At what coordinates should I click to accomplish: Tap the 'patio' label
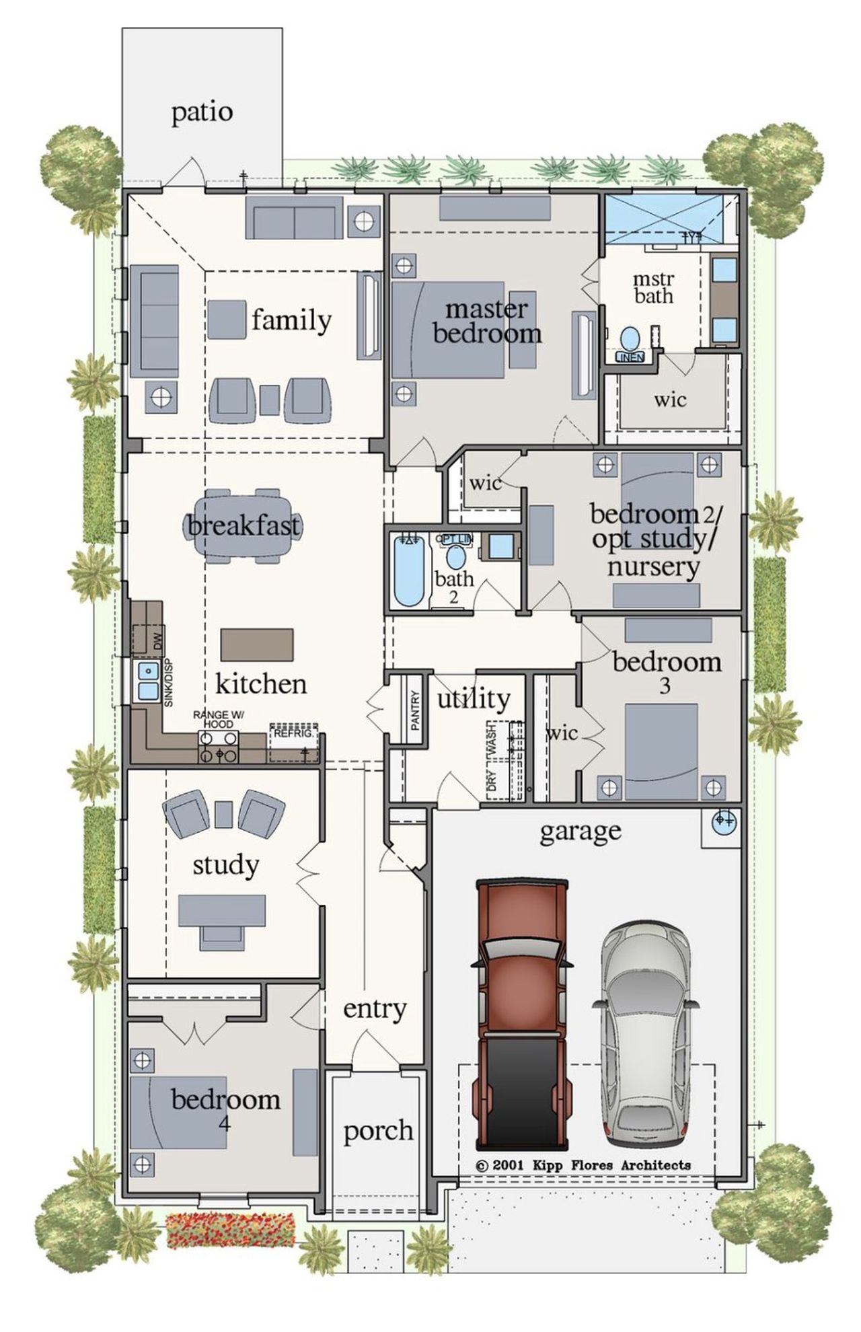pos(202,112)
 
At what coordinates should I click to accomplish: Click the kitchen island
pos(257,645)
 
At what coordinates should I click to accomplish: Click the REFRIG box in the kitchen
pos(294,742)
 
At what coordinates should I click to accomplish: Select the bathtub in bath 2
pos(408,570)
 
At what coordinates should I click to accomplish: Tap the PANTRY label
pos(415,710)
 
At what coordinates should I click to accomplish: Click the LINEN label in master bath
pos(630,357)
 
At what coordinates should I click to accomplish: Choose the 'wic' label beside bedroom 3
pos(562,733)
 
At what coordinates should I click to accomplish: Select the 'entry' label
pos(375,1008)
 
